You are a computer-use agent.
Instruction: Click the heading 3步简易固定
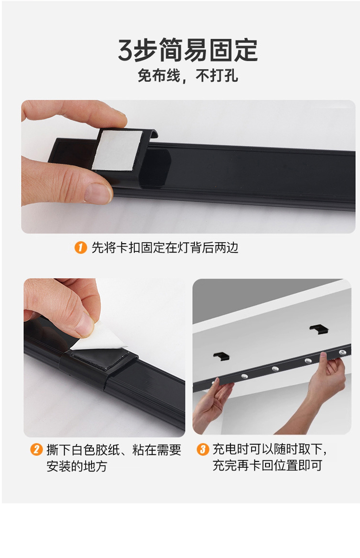coord(188,50)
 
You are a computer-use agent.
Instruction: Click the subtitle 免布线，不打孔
coord(188,76)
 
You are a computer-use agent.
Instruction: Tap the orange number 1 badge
coord(81,248)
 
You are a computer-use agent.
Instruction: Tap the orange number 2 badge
coord(36,449)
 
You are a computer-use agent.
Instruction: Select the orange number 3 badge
coord(203,449)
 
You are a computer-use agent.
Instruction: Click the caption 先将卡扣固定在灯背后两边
coord(165,248)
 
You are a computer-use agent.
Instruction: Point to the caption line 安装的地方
coord(77,466)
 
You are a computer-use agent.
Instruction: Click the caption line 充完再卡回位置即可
coord(267,465)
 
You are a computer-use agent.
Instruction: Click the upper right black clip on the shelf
coord(319,328)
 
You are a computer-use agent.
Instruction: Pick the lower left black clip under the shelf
coord(221,356)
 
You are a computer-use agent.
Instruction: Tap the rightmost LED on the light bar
coord(343,352)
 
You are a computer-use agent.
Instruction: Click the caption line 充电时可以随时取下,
coord(270,449)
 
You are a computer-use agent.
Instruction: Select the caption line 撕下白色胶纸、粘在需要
coord(114,450)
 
